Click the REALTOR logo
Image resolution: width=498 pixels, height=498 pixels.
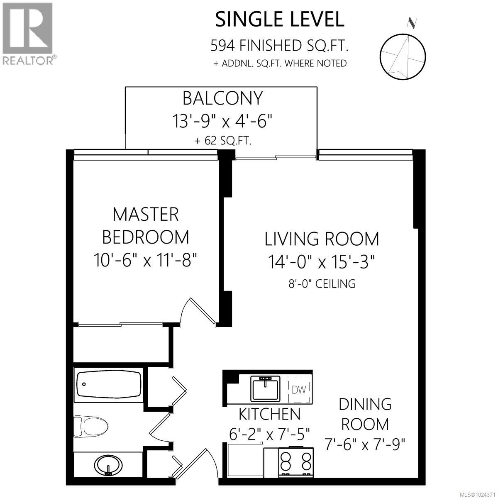[27, 33]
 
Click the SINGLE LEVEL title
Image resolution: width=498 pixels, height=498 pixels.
[279, 19]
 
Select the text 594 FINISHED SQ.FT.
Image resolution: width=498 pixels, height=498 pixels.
[279, 45]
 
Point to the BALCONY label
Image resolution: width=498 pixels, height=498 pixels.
[222, 98]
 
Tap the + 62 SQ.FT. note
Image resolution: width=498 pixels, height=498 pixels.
[223, 141]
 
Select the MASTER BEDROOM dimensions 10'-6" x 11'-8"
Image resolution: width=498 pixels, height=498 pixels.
[145, 260]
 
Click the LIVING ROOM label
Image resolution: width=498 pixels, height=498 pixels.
[322, 239]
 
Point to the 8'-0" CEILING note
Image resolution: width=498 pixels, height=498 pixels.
[322, 284]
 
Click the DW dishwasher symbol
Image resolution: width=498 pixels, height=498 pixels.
[298, 389]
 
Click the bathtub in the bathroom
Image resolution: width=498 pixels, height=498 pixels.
[109, 384]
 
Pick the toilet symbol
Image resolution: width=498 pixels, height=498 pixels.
[90, 425]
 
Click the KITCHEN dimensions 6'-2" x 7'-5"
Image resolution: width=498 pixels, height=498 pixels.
[269, 435]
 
